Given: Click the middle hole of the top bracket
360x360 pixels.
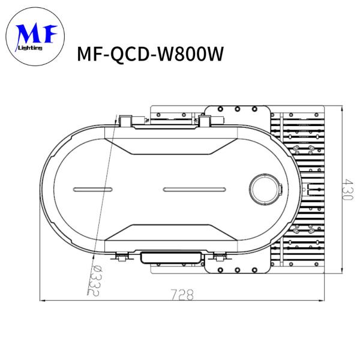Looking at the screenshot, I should click(x=238, y=109).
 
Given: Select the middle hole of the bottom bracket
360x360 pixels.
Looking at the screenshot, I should click(x=237, y=269).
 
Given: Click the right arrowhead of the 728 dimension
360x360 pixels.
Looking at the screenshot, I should click(x=324, y=299).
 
